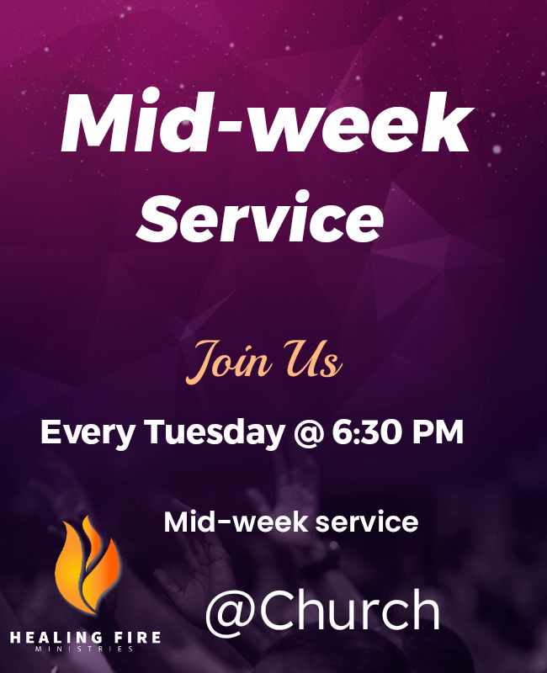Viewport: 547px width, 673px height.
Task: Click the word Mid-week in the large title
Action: [x=266, y=121]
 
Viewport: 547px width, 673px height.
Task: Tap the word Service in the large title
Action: [x=260, y=217]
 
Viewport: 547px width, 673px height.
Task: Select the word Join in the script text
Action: [x=229, y=361]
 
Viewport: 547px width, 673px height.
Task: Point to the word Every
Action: [x=88, y=433]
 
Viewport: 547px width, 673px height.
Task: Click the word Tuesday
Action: [x=215, y=432]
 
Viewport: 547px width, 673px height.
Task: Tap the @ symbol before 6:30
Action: [x=308, y=433]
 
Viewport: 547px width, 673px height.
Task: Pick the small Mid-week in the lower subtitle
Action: [x=236, y=522]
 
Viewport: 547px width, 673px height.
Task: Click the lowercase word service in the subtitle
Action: [x=367, y=522]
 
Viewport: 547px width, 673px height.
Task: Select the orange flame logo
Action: [x=88, y=564]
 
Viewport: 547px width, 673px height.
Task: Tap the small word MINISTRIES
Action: [x=85, y=649]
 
